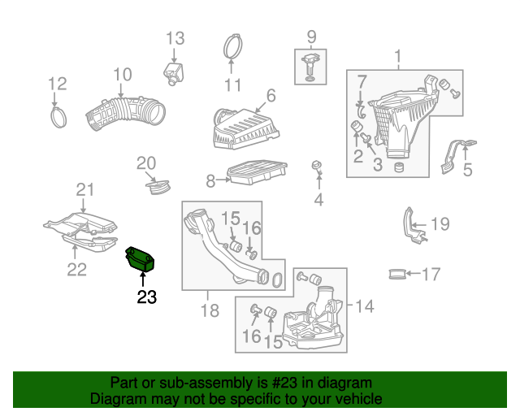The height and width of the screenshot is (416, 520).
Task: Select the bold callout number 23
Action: [146, 297]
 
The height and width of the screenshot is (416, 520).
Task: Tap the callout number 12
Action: [57, 84]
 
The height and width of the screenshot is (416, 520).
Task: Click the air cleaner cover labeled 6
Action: [241, 129]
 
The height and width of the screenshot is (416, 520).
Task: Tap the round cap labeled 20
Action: [157, 186]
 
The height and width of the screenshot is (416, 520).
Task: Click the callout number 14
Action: [365, 306]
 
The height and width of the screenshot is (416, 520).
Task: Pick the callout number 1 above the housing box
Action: [398, 57]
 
